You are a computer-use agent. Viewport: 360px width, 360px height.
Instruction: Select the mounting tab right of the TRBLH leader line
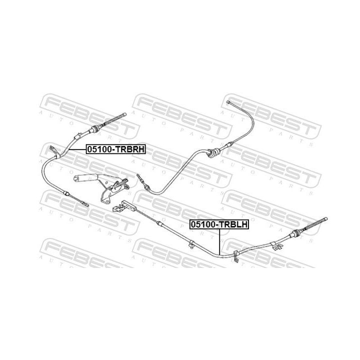235,254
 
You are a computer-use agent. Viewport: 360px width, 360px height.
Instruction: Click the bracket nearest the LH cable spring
277,245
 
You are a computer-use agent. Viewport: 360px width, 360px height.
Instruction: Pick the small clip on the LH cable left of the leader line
191,244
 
